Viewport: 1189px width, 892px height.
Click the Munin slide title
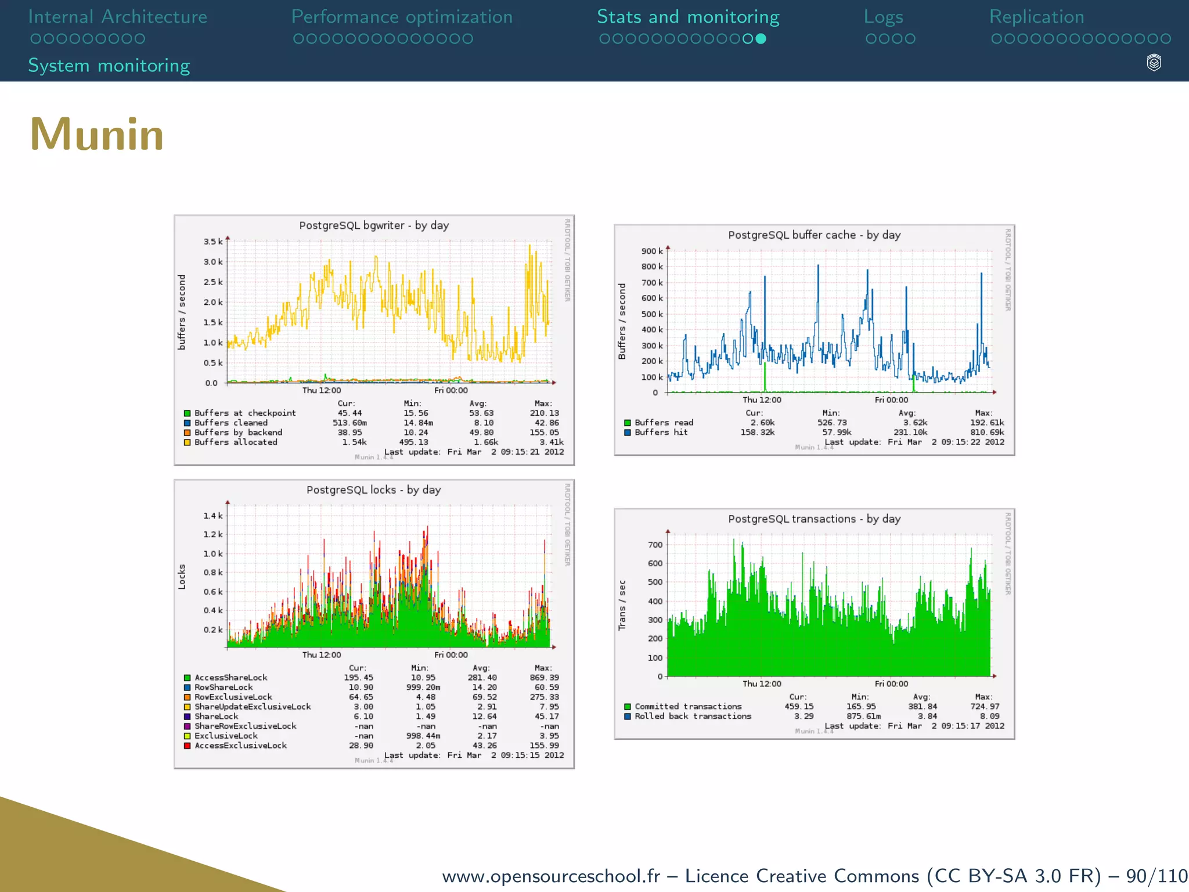[x=97, y=135]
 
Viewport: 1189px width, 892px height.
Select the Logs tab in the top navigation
[x=883, y=17]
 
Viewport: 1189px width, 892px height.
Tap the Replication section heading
[x=1036, y=17]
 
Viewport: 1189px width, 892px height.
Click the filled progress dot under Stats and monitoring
[x=761, y=39]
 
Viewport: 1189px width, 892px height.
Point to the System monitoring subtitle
[x=109, y=66]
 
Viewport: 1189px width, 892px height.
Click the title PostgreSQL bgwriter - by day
[x=374, y=225]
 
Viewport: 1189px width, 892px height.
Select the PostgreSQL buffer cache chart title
[x=814, y=235]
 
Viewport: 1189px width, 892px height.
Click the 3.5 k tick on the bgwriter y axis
[x=212, y=242]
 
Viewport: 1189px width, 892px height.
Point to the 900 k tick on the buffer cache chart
[x=651, y=251]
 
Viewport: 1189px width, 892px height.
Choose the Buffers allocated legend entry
[x=236, y=443]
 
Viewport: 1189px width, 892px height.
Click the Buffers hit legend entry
[x=661, y=433]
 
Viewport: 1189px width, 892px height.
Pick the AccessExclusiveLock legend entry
[x=240, y=746]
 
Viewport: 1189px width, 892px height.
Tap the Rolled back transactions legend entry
[x=693, y=717]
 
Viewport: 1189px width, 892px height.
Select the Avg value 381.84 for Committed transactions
[x=923, y=707]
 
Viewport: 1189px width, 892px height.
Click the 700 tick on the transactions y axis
[x=655, y=545]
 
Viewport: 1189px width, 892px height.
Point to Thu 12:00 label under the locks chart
[x=322, y=655]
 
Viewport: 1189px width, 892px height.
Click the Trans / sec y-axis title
[x=622, y=605]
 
